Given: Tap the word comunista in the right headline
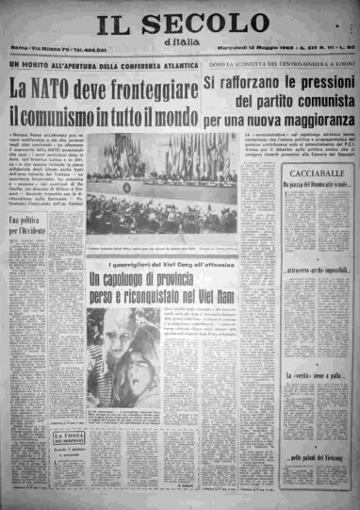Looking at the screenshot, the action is point(312,104).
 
